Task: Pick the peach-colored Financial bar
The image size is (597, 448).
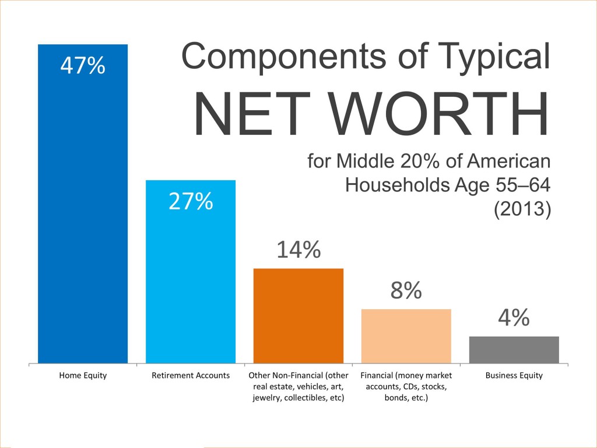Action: [x=406, y=336]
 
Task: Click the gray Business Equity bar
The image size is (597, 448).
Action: [x=514, y=349]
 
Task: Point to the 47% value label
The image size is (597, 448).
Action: [x=83, y=65]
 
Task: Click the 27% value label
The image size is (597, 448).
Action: [x=191, y=201]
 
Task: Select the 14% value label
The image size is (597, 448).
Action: [x=298, y=250]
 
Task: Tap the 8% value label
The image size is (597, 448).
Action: [x=406, y=290]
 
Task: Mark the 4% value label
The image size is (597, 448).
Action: [x=514, y=318]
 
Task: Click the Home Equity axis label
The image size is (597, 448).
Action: [x=83, y=375]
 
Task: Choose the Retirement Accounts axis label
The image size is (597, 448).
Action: [x=191, y=375]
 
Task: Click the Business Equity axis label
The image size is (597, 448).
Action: [x=514, y=375]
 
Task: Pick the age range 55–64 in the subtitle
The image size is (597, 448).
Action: [x=522, y=184]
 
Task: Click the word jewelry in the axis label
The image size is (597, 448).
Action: [x=269, y=397]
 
